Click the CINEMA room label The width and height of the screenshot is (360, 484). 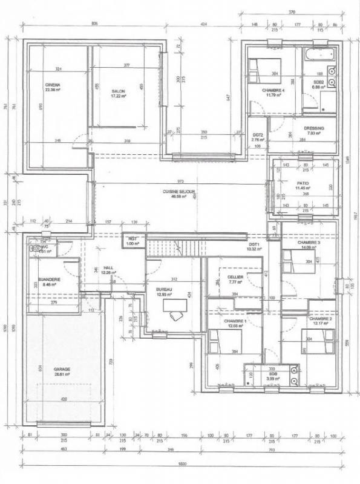[x=53, y=85]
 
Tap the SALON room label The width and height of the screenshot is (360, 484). [x=118, y=92]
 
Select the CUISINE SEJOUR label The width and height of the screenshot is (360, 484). [x=175, y=191]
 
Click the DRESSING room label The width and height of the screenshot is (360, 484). [x=315, y=128]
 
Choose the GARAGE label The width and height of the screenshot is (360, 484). [x=61, y=368]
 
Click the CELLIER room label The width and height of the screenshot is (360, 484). [x=235, y=276]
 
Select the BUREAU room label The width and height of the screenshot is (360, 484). [x=164, y=290]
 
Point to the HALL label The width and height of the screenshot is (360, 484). [x=108, y=267]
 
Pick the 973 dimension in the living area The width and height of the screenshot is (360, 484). [x=180, y=181]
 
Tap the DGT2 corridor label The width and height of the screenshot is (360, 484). [x=257, y=135]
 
